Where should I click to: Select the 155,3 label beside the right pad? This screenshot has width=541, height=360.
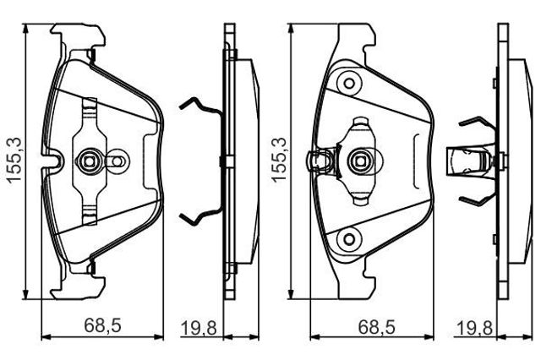coord(279,160)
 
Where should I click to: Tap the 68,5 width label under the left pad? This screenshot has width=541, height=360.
coord(102,325)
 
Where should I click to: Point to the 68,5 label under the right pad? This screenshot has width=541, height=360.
coord(376,326)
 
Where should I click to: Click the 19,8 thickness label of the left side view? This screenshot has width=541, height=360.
coord(199,328)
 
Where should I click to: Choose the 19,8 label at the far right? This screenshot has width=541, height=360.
coord(474,328)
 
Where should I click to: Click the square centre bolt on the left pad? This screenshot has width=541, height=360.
coord(90,161)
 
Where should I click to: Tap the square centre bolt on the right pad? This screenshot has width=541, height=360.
coord(361,161)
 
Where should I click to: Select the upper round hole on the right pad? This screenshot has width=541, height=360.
coord(349,83)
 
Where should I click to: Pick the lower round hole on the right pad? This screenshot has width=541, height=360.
coord(349,239)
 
